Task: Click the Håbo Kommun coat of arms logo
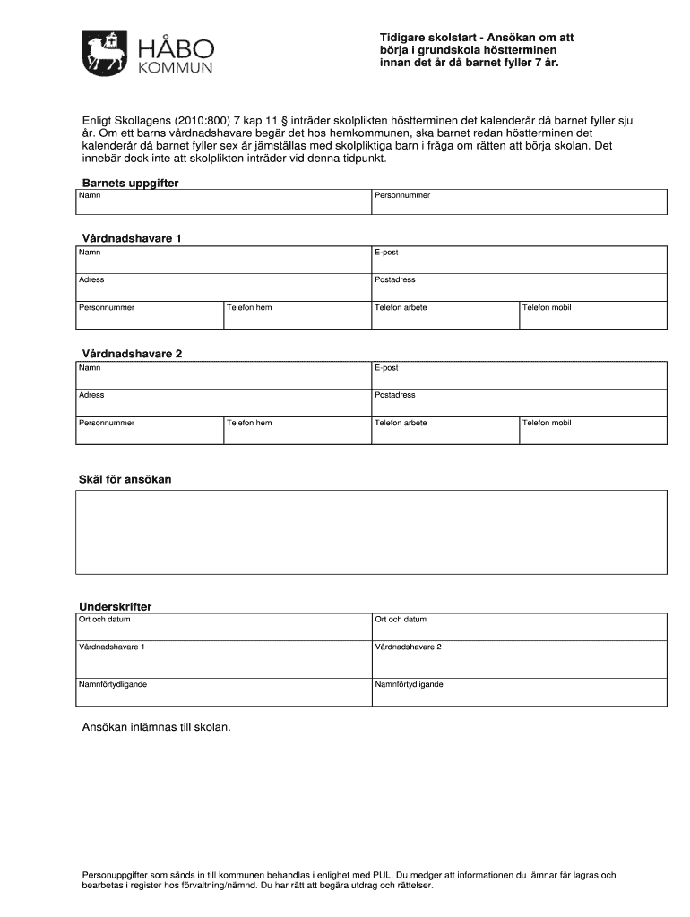click(x=104, y=55)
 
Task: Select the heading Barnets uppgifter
click(x=130, y=183)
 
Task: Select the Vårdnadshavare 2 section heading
click(x=132, y=354)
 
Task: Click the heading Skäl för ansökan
click(x=125, y=479)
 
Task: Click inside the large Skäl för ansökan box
click(x=371, y=532)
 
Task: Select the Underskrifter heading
click(x=116, y=606)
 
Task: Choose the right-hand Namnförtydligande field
click(x=519, y=692)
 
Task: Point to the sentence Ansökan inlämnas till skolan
click(x=156, y=728)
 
